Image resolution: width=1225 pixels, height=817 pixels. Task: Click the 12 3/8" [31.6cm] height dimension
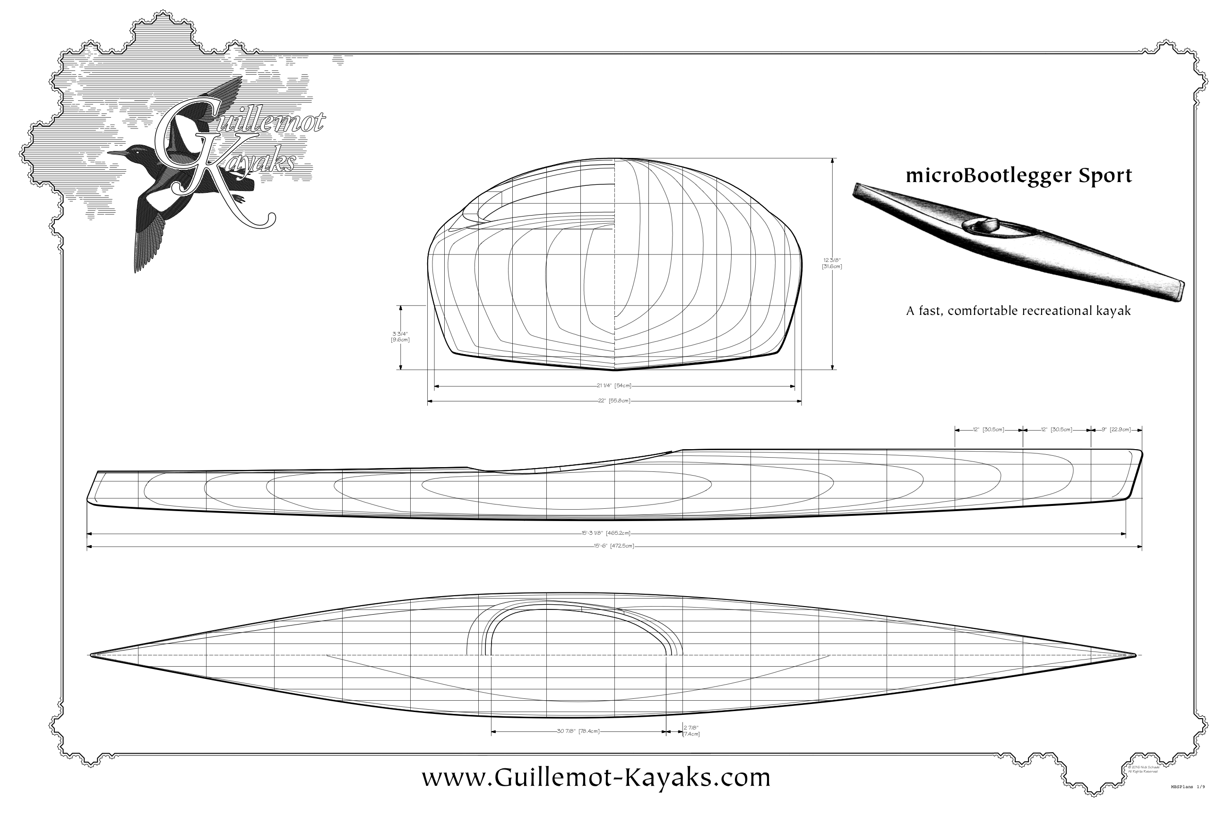[x=832, y=263]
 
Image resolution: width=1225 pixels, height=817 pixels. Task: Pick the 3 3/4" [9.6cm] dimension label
[x=400, y=337]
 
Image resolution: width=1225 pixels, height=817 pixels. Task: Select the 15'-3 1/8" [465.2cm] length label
[x=606, y=533]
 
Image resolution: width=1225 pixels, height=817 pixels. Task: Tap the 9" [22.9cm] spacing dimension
[x=1116, y=430]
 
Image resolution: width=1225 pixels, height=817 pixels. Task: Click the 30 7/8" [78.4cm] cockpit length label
[x=578, y=731]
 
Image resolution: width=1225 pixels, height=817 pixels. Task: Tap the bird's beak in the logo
[x=116, y=153]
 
